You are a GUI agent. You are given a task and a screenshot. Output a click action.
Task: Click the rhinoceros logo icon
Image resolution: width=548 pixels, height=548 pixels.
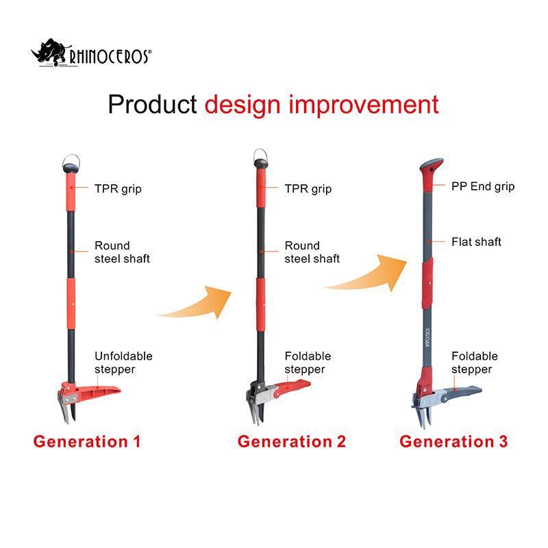(x=49, y=54)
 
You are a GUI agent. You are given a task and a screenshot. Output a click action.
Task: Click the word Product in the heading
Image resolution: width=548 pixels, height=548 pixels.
(x=152, y=104)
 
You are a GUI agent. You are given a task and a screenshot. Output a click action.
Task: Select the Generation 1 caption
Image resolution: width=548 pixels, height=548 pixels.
(x=87, y=441)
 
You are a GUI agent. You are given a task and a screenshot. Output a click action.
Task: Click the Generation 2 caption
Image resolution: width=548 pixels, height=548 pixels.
(x=292, y=441)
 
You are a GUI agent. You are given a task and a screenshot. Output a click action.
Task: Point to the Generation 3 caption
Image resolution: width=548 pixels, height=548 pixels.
(x=453, y=441)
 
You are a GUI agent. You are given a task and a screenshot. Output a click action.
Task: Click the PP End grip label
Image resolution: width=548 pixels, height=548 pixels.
(x=482, y=186)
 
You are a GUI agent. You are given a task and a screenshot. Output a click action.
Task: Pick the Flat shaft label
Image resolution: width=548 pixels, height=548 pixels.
(x=476, y=242)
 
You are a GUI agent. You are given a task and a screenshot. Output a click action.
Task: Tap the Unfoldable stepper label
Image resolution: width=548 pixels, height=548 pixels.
(x=123, y=362)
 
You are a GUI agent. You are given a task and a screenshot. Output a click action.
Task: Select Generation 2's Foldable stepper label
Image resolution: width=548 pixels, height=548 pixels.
(x=308, y=362)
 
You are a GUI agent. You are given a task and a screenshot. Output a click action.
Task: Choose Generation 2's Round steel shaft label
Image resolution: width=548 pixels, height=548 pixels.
(x=312, y=252)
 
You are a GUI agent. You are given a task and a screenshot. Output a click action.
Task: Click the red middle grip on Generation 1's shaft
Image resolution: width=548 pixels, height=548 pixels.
(x=71, y=296)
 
